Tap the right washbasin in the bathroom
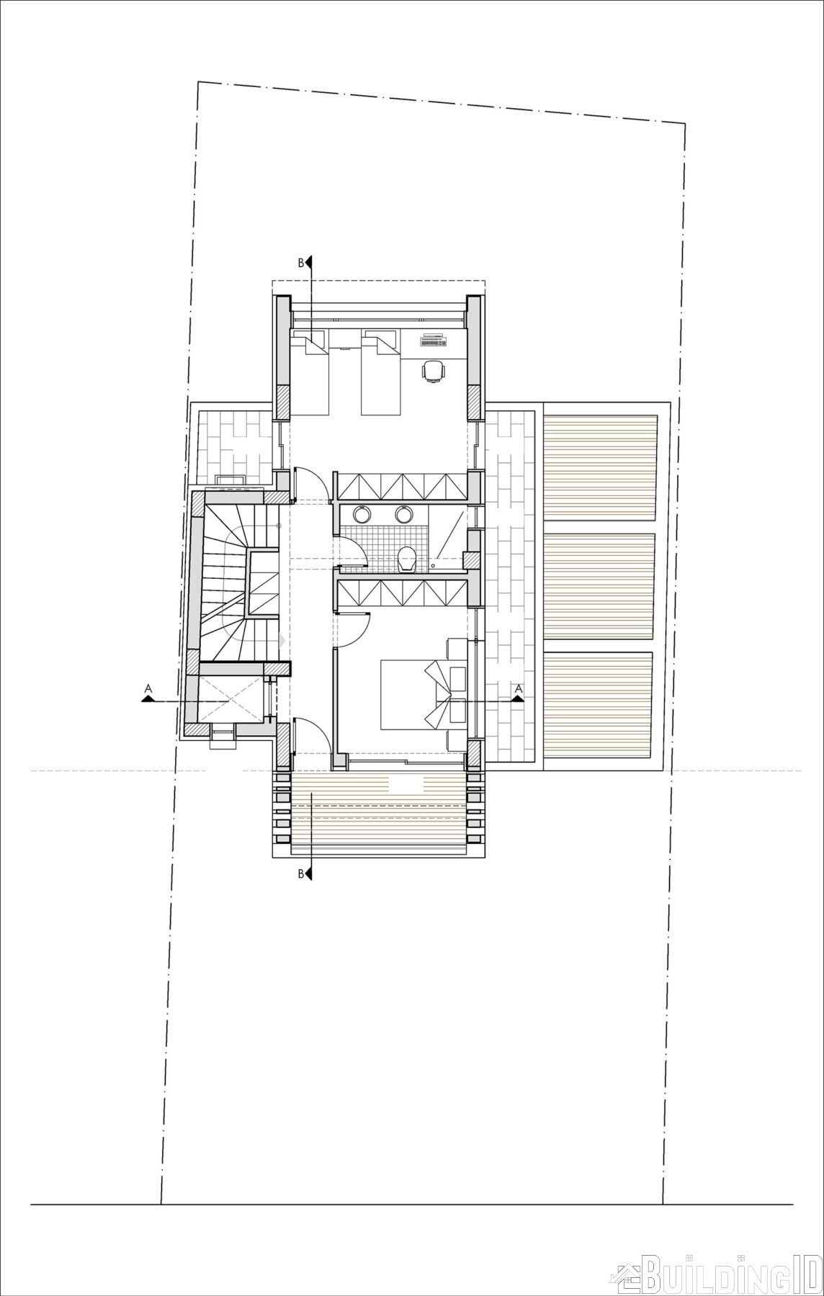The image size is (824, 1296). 403,514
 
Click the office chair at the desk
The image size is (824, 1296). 432,370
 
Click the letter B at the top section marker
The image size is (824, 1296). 301,264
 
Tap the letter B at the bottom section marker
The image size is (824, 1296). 301,875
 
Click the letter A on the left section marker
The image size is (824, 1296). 148,689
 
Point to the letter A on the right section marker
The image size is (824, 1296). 518,689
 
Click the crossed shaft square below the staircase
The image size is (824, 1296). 228,698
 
